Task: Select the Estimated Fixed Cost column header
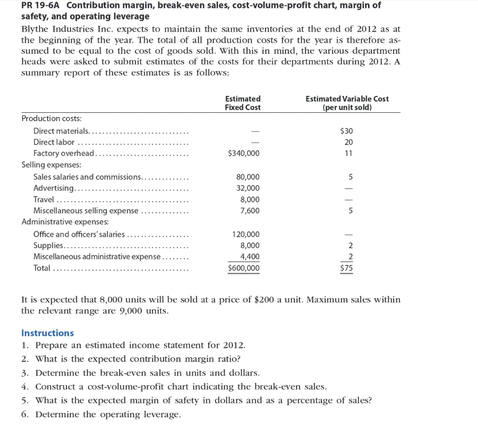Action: [x=242, y=103]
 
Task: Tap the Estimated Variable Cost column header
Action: [x=347, y=103]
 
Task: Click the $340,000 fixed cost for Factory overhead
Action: [x=243, y=153]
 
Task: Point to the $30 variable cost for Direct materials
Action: [x=346, y=131]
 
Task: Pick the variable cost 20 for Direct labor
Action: [x=348, y=142]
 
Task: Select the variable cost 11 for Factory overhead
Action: [x=348, y=153]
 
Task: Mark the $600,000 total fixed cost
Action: [x=243, y=268]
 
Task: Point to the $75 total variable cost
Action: [x=346, y=268]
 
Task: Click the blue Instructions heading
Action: [x=47, y=333]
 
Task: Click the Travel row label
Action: [x=43, y=200]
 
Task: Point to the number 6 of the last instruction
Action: [x=24, y=414]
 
